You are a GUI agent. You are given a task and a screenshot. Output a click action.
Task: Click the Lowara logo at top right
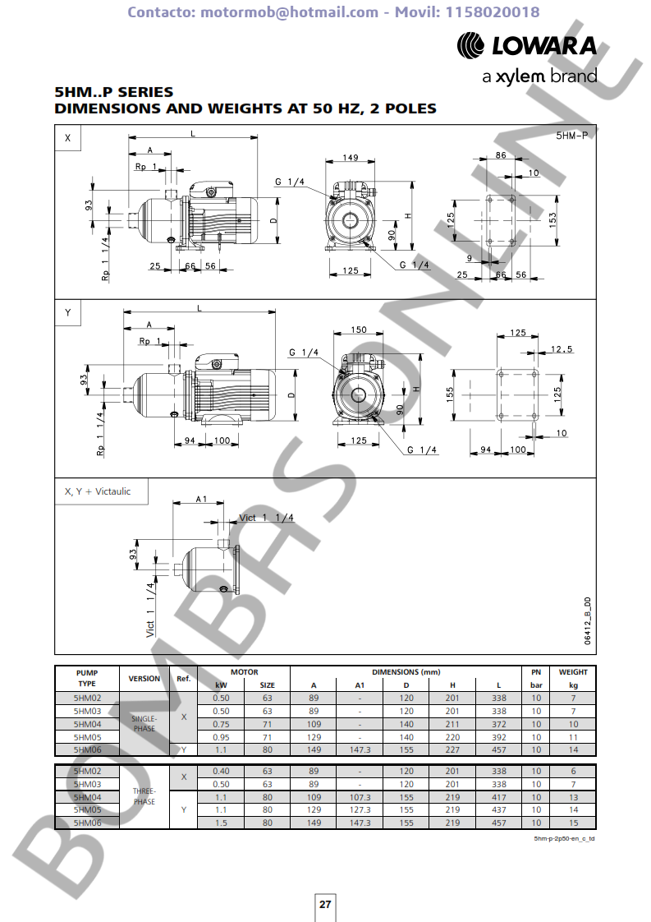(525, 46)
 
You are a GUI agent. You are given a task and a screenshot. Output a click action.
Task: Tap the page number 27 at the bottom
(325, 904)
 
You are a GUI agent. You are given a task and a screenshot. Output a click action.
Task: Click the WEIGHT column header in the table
(573, 672)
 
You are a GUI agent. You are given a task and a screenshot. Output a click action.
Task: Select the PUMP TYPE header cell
(87, 678)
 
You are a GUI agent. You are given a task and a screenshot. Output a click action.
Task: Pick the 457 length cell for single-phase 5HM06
(498, 749)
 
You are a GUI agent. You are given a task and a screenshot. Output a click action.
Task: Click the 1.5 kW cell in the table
(221, 823)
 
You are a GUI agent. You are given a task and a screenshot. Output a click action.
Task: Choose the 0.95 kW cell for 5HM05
(221, 737)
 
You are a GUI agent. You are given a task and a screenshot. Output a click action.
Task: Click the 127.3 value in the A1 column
(360, 810)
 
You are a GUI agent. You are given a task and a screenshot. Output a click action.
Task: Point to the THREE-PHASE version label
(144, 796)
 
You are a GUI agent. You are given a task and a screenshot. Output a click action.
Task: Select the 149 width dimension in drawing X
(350, 158)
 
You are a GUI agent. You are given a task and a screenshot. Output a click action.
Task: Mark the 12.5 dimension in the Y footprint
(562, 349)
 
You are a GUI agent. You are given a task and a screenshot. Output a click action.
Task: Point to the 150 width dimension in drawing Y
(358, 330)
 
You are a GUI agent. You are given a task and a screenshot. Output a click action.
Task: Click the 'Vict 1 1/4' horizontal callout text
(266, 518)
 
